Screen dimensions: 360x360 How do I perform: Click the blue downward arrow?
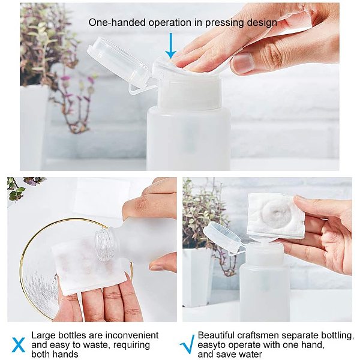click(x=171, y=46)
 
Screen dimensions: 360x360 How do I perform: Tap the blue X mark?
click(x=19, y=344)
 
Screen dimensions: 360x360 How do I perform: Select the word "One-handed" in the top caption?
click(x=117, y=23)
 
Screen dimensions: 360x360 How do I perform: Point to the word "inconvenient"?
click(x=132, y=335)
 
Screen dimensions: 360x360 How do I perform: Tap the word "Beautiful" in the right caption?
click(x=216, y=335)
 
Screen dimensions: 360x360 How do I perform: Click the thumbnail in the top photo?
click(x=244, y=61)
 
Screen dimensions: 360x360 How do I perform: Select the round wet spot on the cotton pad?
click(x=275, y=214)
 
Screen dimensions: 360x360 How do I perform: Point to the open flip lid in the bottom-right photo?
click(x=223, y=236)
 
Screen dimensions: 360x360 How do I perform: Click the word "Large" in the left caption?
click(x=43, y=335)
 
